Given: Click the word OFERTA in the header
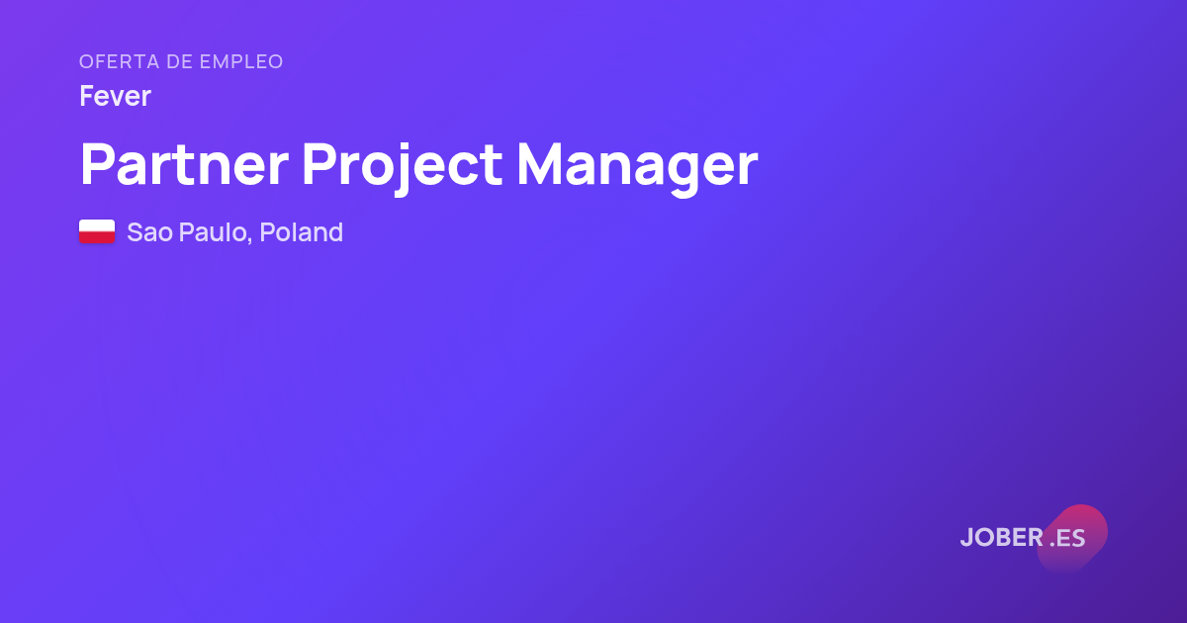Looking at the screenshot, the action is pyautogui.click(x=120, y=62).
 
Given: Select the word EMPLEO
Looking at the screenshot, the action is pyautogui.click(x=241, y=62).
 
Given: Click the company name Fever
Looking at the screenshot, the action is pyautogui.click(x=116, y=96).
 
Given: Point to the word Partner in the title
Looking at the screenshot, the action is pyautogui.click(x=184, y=164).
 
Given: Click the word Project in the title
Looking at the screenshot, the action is pyautogui.click(x=403, y=168).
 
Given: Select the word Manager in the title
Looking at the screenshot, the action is pyautogui.click(x=637, y=168).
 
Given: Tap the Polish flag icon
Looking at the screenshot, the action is pyautogui.click(x=97, y=231).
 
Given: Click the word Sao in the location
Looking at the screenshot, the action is pyautogui.click(x=150, y=232).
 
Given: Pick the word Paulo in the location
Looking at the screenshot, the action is pyautogui.click(x=213, y=232).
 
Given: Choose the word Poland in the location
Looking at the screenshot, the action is pyautogui.click(x=302, y=232).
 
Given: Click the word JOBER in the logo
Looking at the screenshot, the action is pyautogui.click(x=1002, y=537).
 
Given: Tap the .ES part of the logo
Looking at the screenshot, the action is pyautogui.click(x=1067, y=538).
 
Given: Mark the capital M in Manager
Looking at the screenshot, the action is pyautogui.click(x=539, y=164).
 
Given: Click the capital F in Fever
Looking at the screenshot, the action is pyautogui.click(x=87, y=96).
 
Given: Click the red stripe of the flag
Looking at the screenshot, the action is pyautogui.click(x=97, y=237).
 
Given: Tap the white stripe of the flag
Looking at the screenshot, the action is pyautogui.click(x=97, y=225).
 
